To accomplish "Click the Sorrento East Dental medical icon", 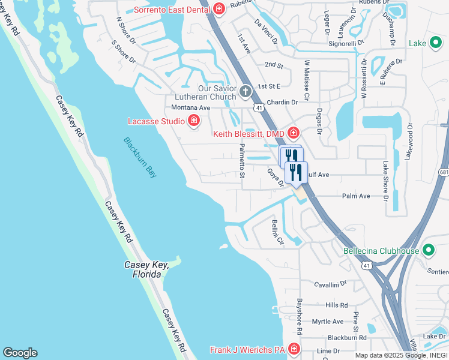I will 218,8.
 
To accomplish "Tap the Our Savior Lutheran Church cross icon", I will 245,92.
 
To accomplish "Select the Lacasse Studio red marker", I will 194,121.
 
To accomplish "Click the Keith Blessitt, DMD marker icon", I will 293,133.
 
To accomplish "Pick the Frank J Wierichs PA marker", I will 294,349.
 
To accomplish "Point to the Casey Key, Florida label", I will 143,269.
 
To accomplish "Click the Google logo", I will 20,353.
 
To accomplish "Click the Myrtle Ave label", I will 327,322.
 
